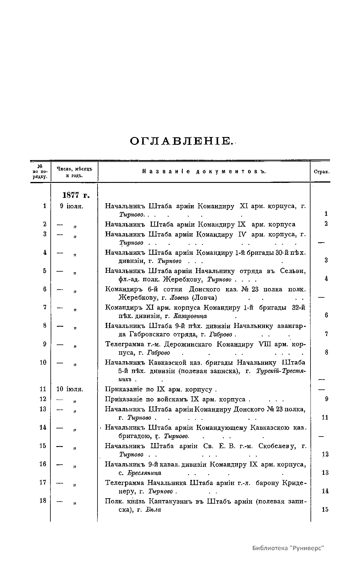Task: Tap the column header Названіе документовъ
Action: click(x=204, y=172)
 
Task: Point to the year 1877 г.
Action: click(x=76, y=195)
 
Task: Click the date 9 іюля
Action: click(x=71, y=206)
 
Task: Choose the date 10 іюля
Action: click(x=70, y=389)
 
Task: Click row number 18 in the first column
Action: click(x=43, y=501)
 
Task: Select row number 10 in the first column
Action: click(x=43, y=362)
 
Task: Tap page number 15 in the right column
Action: click(x=325, y=509)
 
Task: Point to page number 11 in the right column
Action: click(x=325, y=417)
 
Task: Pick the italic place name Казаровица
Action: click(x=190, y=316)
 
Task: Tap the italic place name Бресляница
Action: click(x=144, y=473)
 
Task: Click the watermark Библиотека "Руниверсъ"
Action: click(x=288, y=548)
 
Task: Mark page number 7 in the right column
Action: click(x=326, y=334)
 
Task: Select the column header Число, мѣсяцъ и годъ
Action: click(x=74, y=172)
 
